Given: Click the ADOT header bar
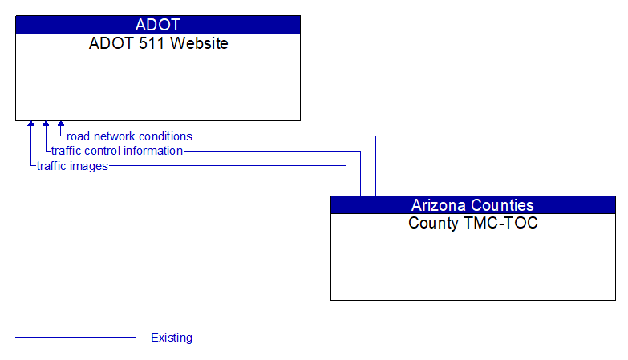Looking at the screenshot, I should click(x=158, y=25).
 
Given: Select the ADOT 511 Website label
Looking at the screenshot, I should click(x=158, y=44).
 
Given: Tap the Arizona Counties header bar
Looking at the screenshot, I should click(x=472, y=205).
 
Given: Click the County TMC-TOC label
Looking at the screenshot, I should click(x=472, y=224).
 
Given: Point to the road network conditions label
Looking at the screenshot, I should click(x=129, y=136).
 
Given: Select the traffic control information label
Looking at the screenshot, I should click(x=117, y=151).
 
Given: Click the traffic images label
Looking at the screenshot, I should click(x=72, y=166).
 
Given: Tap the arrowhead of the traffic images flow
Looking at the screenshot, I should click(x=31, y=125).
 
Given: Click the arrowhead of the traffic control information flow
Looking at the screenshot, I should click(x=46, y=125).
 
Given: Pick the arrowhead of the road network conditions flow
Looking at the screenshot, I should click(x=61, y=125).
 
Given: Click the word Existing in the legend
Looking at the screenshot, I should click(x=172, y=338).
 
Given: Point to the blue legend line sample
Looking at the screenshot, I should click(x=75, y=338).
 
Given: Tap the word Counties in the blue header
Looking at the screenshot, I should click(x=503, y=205).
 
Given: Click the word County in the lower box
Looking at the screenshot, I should click(x=433, y=224).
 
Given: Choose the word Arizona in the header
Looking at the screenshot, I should click(x=440, y=205).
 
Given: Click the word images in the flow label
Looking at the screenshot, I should click(x=89, y=166).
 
